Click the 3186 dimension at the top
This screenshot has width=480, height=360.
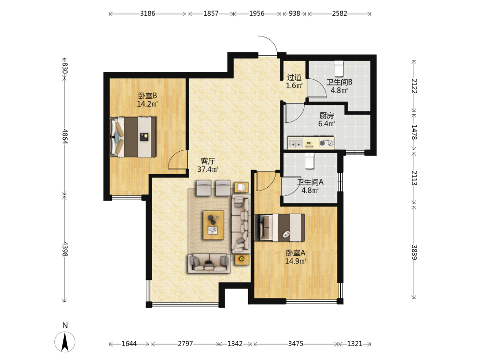[x=147, y=13]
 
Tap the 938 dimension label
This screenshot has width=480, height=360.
[x=294, y=13]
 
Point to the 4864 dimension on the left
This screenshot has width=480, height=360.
[x=65, y=136]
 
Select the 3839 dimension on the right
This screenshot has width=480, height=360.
[x=414, y=252]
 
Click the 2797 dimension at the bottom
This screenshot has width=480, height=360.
[x=185, y=344]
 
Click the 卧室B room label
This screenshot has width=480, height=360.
[x=147, y=96]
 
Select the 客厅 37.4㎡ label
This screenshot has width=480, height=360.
[x=208, y=165]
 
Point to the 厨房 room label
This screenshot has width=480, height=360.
[x=326, y=115]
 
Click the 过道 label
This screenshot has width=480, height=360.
[x=294, y=77]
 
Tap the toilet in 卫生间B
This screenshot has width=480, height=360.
[x=338, y=69]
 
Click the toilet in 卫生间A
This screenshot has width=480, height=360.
[x=310, y=161]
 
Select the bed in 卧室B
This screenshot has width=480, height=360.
[x=133, y=137]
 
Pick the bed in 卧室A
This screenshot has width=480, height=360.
[x=280, y=228]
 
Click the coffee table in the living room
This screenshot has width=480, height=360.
[x=214, y=225]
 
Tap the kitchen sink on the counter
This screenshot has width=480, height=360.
[x=295, y=143]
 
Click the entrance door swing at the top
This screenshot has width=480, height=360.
[x=267, y=46]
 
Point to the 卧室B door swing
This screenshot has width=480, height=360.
[x=178, y=159]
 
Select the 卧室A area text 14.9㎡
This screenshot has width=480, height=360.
[x=295, y=261]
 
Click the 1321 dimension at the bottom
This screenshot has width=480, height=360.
[x=355, y=344]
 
